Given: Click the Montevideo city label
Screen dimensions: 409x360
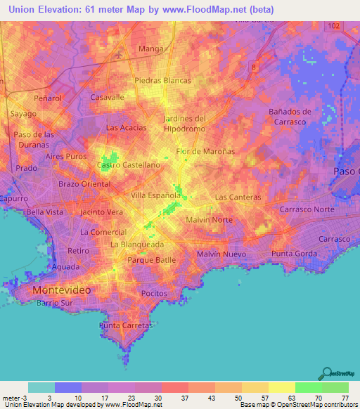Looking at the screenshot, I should [x=62, y=290].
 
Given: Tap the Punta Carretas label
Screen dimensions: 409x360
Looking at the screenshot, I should [x=126, y=326].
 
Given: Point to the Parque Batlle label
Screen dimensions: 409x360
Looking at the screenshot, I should [x=151, y=260].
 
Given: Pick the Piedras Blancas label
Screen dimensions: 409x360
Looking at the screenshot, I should [x=162, y=80].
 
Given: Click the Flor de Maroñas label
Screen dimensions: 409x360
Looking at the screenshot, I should [x=205, y=151].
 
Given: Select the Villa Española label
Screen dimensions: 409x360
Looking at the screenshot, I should [x=155, y=195].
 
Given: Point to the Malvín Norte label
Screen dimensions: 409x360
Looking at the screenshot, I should [x=209, y=220].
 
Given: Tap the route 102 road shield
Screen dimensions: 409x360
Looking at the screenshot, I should [x=333, y=25].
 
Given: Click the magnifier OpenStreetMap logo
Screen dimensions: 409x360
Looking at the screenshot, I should [x=326, y=375].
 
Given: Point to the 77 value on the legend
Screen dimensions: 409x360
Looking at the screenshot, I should [x=345, y=398].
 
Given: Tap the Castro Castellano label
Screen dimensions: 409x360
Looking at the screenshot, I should [x=129, y=164].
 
